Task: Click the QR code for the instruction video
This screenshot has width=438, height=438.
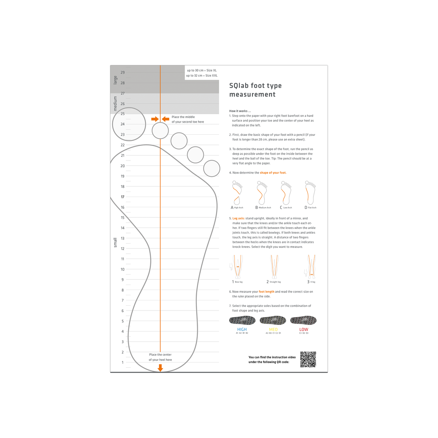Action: pyautogui.click(x=308, y=359)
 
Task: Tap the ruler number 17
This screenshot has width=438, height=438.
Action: pyautogui.click(x=123, y=197)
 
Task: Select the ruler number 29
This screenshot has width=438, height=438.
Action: pyautogui.click(x=123, y=73)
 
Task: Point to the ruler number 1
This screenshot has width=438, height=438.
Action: pyautogui.click(x=123, y=362)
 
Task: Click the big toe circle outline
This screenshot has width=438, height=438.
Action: pyautogui.click(x=129, y=124)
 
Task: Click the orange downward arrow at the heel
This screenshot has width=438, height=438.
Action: pyautogui.click(x=160, y=368)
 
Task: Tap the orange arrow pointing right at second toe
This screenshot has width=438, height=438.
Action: pyautogui.click(x=155, y=119)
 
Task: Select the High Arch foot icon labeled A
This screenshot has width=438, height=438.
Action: pyautogui.click(x=237, y=193)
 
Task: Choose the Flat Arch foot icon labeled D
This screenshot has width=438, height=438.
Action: pyautogui.click(x=310, y=193)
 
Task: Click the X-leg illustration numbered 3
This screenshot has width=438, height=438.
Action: pyautogui.click(x=312, y=267)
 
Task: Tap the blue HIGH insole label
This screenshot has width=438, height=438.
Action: pyautogui.click(x=242, y=329)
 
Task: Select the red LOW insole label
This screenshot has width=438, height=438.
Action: pyautogui.click(x=304, y=329)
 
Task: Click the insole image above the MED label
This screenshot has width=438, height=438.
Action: pyautogui.click(x=273, y=320)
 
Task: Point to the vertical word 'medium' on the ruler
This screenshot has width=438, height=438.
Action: pyautogui.click(x=115, y=103)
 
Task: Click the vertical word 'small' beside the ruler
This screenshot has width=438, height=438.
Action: pyautogui.click(x=115, y=242)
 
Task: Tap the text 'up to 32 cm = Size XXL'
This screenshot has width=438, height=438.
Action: pyautogui.click(x=202, y=76)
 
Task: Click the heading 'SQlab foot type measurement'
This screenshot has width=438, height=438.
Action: pyautogui.click(x=255, y=90)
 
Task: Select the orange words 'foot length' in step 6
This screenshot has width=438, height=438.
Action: pyautogui.click(x=266, y=292)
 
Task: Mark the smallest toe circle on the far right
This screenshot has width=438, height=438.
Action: pyautogui.click(x=211, y=168)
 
